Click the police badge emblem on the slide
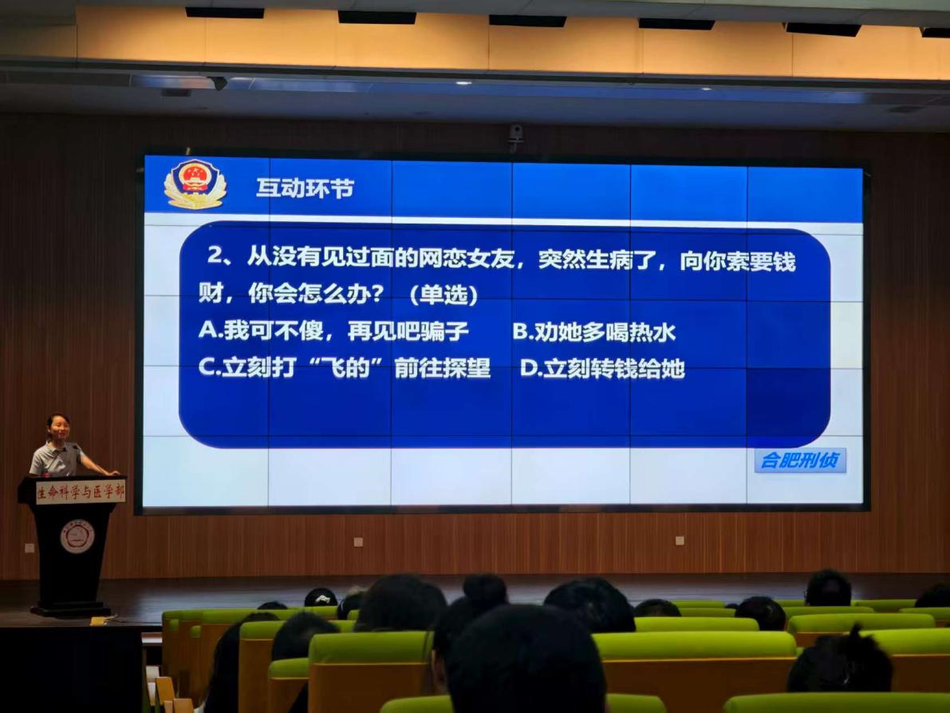[x=195, y=184]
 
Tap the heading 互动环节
[x=305, y=188]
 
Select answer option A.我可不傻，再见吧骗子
[x=333, y=331]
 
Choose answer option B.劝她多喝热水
[x=593, y=331]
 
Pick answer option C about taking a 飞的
[x=344, y=367]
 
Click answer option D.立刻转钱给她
[x=602, y=368]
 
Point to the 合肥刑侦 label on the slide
[x=800, y=460]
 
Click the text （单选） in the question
[x=443, y=295]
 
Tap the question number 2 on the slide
[x=215, y=255]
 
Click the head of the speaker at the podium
[x=59, y=428]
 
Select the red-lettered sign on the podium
[x=81, y=491]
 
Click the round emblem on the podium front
[x=77, y=537]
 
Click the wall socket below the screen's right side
[x=680, y=541]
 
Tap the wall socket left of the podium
[x=30, y=548]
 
